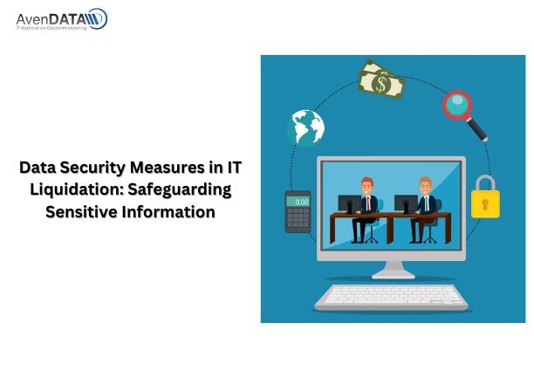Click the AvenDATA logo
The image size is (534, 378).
point(62,19)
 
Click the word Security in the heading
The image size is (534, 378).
point(93,168)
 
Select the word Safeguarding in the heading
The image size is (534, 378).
point(180,189)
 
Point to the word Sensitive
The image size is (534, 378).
point(81,211)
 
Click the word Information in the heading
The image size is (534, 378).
point(168,211)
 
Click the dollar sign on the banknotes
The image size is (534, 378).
point(381,84)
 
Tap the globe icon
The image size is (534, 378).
point(305,128)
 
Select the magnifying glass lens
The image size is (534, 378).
point(457,105)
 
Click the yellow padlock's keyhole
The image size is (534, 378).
point(485,204)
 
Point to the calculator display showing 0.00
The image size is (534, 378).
point(298,202)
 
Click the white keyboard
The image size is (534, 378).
point(391,297)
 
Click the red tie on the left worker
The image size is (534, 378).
point(368,203)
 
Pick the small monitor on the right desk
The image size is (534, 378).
point(407,203)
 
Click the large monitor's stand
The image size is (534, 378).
point(394,269)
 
